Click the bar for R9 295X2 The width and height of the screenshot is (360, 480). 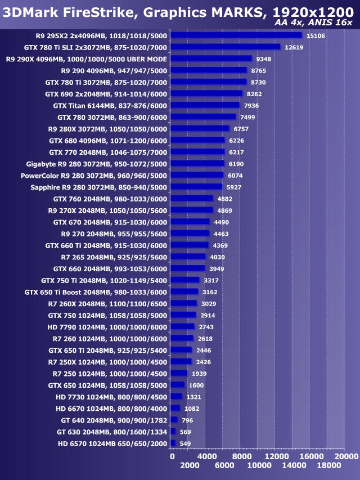point(236,35)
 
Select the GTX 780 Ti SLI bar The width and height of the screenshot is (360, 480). point(225,47)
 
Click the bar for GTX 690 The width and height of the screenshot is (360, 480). point(206,93)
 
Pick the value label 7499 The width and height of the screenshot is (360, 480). point(247,117)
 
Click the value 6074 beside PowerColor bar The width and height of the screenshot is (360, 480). point(235,175)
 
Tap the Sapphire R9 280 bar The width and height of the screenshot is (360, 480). point(196,187)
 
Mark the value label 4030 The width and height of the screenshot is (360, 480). point(217,257)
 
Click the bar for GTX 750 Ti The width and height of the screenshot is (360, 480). point(184,280)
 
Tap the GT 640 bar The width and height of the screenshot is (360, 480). point(174,420)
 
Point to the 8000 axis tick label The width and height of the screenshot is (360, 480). point(241,456)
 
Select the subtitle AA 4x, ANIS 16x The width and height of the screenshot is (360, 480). point(313,23)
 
